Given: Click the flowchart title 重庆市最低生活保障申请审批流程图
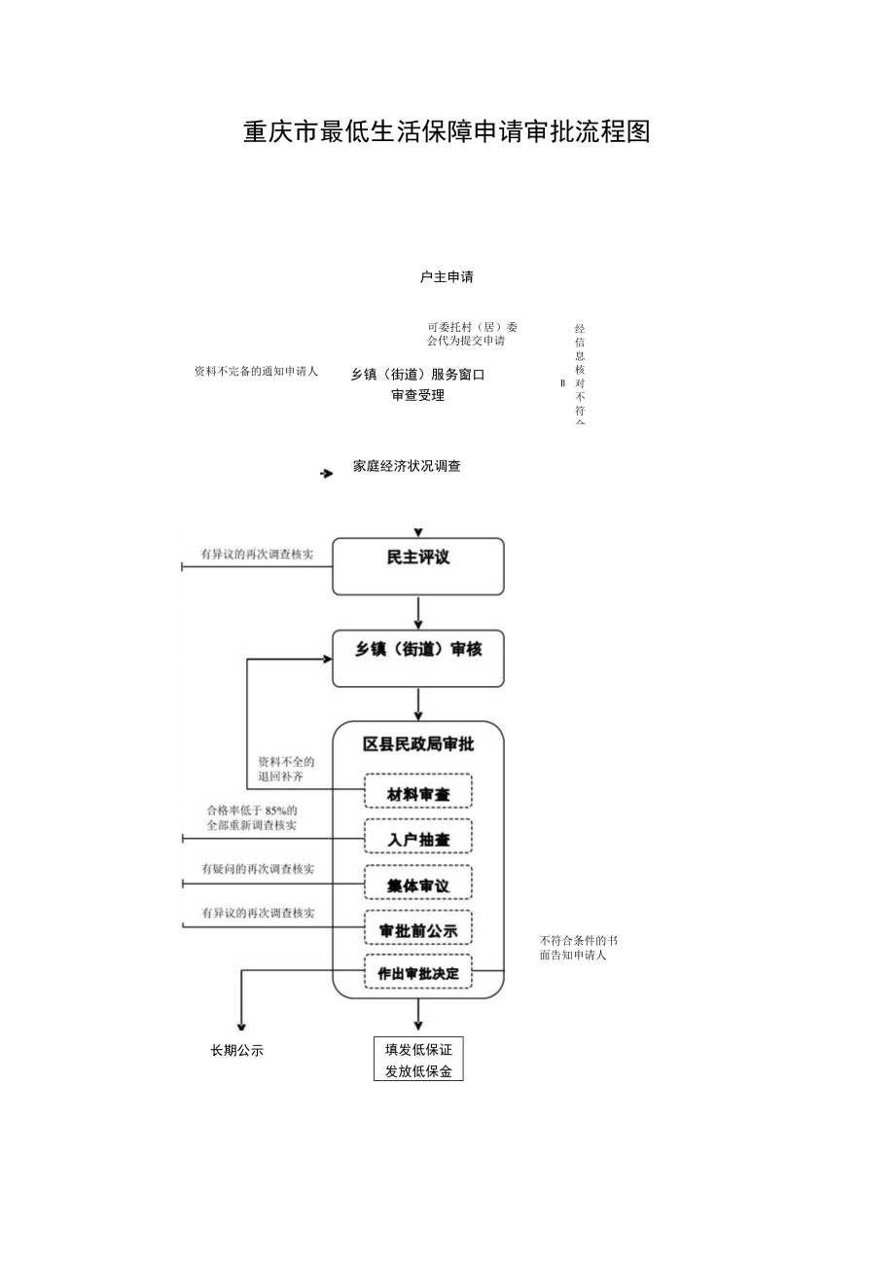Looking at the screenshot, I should point(447,132).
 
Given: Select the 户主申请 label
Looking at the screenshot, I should point(447,277).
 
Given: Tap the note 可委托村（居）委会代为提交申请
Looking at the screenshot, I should point(472,334).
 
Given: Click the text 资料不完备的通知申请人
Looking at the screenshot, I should point(256,372).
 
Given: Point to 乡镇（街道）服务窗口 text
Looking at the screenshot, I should point(417,374).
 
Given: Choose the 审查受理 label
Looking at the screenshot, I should point(417,396).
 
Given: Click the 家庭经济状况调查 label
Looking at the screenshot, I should point(407,466).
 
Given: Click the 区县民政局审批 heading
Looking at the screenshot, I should point(418,744).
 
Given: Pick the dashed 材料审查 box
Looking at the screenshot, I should point(418,791).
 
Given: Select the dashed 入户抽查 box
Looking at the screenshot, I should point(418,837).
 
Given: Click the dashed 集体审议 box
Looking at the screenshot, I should point(418,883).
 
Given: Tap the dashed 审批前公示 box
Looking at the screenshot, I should point(418,928).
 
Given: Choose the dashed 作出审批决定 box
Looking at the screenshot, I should point(418,972).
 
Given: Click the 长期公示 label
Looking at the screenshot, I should point(237,1051).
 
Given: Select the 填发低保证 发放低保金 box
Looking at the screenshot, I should point(418,1060).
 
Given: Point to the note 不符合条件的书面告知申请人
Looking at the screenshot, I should point(578,948).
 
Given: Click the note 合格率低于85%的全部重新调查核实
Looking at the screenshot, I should point(251,817).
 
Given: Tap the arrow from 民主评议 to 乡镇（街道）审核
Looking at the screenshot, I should point(418,612).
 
